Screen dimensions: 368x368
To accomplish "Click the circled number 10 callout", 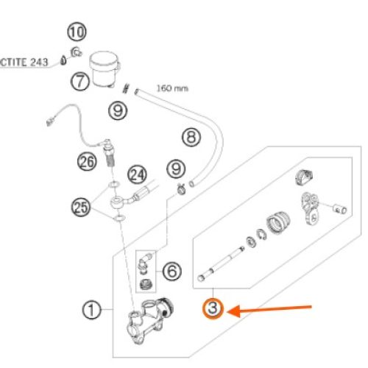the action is coord(77,32).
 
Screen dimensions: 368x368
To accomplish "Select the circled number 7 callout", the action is coord(80,81).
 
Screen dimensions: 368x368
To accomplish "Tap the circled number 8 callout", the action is coord(191,137).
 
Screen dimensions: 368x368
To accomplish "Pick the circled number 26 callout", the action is coord(87,162).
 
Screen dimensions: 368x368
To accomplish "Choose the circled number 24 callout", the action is coord(137,174).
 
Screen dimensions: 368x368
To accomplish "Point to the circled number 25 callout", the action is coord(81,208).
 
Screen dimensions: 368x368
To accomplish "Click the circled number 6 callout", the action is coord(172,271).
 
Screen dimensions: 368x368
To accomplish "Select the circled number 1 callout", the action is coord(91,310).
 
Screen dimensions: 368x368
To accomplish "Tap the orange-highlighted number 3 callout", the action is coord(213,308).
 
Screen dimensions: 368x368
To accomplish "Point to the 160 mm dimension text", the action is coord(172,88).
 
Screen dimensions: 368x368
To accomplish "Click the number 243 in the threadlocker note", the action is coord(39,62).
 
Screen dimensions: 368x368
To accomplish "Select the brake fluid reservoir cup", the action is coord(104,69).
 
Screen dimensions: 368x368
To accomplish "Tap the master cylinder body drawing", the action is coord(149,320).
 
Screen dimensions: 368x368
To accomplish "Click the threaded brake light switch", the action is coord(108,152).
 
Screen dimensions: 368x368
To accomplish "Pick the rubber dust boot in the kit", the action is coord(278,222).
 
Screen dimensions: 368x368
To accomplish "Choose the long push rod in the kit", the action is coord(221,263).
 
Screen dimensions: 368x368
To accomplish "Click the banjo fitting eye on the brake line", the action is coord(116,202).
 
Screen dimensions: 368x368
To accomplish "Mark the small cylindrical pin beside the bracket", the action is coord(340,209).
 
